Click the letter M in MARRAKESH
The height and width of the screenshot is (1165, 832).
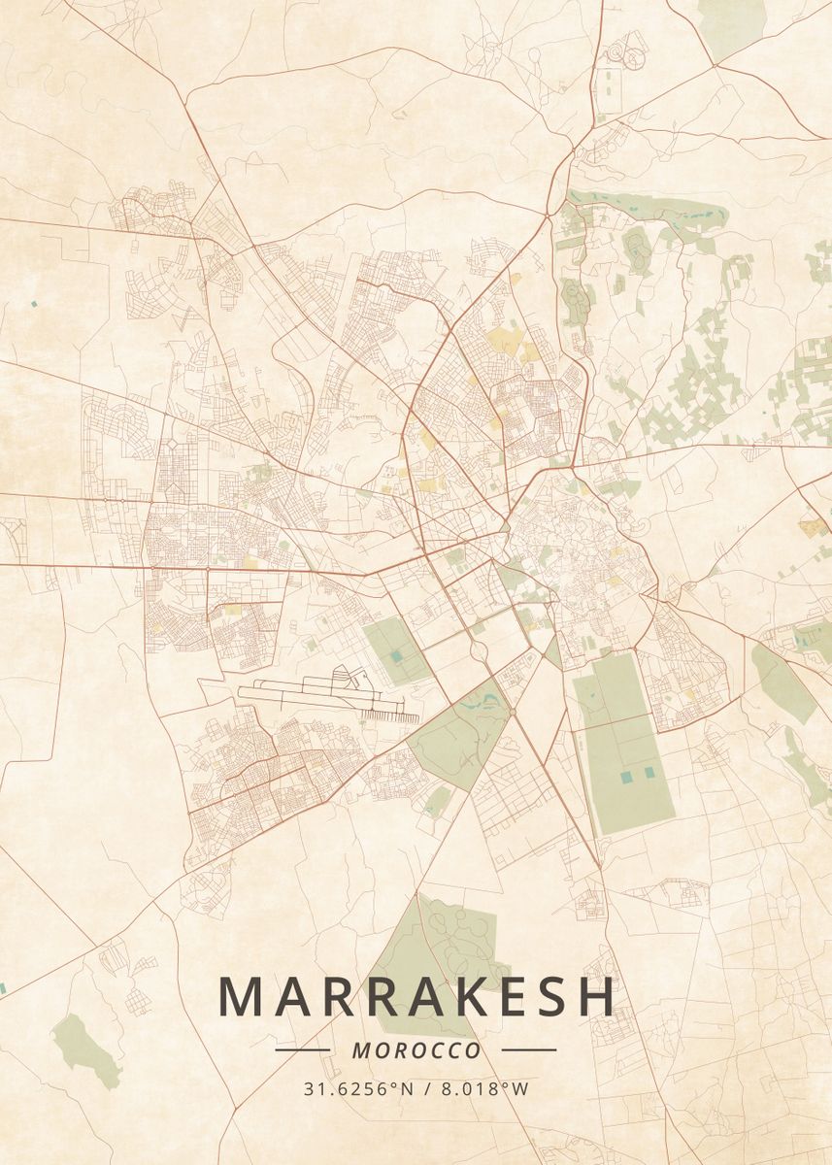(x=241, y=996)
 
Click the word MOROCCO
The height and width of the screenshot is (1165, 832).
(x=416, y=1050)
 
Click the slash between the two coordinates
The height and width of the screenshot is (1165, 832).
(x=430, y=1088)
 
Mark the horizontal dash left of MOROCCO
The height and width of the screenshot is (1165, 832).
(x=303, y=1049)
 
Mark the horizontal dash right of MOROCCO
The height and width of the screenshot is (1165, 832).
(x=529, y=1049)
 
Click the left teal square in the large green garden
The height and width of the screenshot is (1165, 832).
(x=625, y=775)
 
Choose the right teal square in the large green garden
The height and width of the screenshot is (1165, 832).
(x=649, y=772)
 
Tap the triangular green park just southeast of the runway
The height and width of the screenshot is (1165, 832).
(x=456, y=733)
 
